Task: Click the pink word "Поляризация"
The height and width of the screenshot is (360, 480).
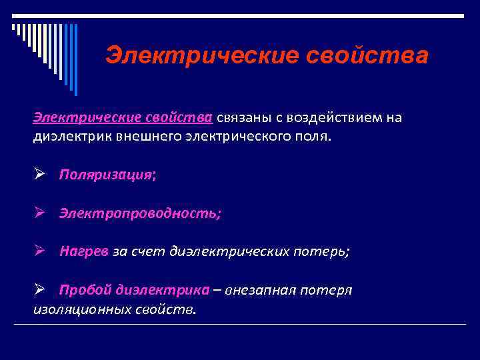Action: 105,175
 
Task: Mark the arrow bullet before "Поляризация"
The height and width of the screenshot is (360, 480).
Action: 39,175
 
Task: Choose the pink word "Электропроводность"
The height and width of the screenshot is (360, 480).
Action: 137,213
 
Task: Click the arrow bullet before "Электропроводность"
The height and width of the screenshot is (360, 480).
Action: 39,213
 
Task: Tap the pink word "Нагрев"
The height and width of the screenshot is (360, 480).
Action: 84,251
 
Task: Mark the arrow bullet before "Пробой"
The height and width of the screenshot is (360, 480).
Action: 39,289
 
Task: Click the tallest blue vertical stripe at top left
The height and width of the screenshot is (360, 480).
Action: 75,60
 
